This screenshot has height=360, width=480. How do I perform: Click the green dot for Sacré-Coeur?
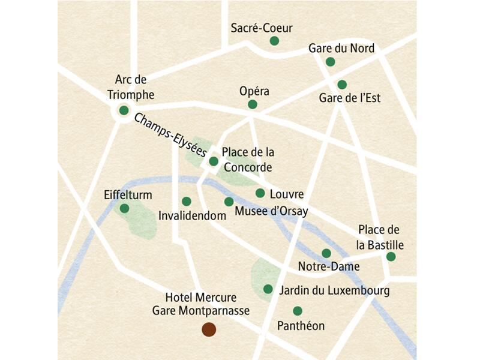coord(274,41)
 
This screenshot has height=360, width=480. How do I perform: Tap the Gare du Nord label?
coord(341,48)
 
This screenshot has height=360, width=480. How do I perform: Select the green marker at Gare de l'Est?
coord(342,85)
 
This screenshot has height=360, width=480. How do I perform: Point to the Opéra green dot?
coord(253,104)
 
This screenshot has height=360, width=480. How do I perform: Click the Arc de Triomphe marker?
coord(124,110)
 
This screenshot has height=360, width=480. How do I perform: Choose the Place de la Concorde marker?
coord(214,161)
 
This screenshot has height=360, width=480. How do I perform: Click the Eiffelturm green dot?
coord(124,208)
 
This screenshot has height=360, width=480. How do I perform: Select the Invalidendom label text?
coord(188,215)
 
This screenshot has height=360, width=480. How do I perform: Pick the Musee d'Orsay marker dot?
coord(229,202)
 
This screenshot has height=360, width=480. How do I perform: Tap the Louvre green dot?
coord(260,193)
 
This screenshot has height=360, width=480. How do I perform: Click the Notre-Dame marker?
coord(326,253)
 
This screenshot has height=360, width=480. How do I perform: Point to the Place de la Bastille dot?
coord(391,257)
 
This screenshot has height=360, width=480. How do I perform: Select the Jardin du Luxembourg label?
coord(335,291)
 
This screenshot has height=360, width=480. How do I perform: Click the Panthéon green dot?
coord(297,311)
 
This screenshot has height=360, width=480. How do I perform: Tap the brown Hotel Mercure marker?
coord(209,329)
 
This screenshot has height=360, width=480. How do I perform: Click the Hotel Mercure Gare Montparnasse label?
coord(201,304)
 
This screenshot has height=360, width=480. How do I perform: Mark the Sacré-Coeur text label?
coord(262,28)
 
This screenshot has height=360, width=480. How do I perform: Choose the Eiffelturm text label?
coord(127,195)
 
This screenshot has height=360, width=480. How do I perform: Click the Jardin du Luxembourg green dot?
coord(268,289)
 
